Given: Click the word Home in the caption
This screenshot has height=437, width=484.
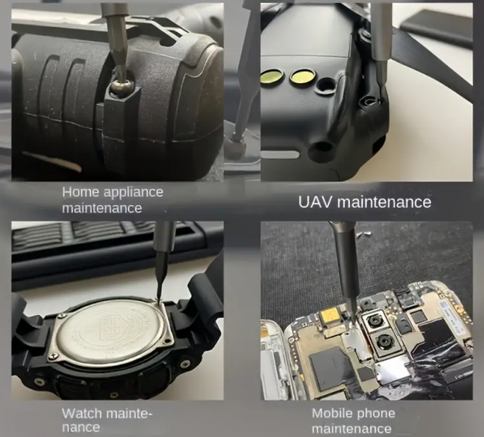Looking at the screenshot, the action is [81, 192].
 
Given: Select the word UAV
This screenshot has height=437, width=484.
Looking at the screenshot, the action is [315, 202].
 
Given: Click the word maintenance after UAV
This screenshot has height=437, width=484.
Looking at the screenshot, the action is [384, 203].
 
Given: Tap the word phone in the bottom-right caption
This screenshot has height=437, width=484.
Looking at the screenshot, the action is [374, 414].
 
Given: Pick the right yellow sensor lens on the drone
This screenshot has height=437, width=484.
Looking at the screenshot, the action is [303, 77].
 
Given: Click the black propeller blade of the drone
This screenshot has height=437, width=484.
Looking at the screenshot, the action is [432, 59].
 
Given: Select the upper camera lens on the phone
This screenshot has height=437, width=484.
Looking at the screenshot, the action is [375, 321].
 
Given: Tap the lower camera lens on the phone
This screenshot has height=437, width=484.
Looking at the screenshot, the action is [384, 341].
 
